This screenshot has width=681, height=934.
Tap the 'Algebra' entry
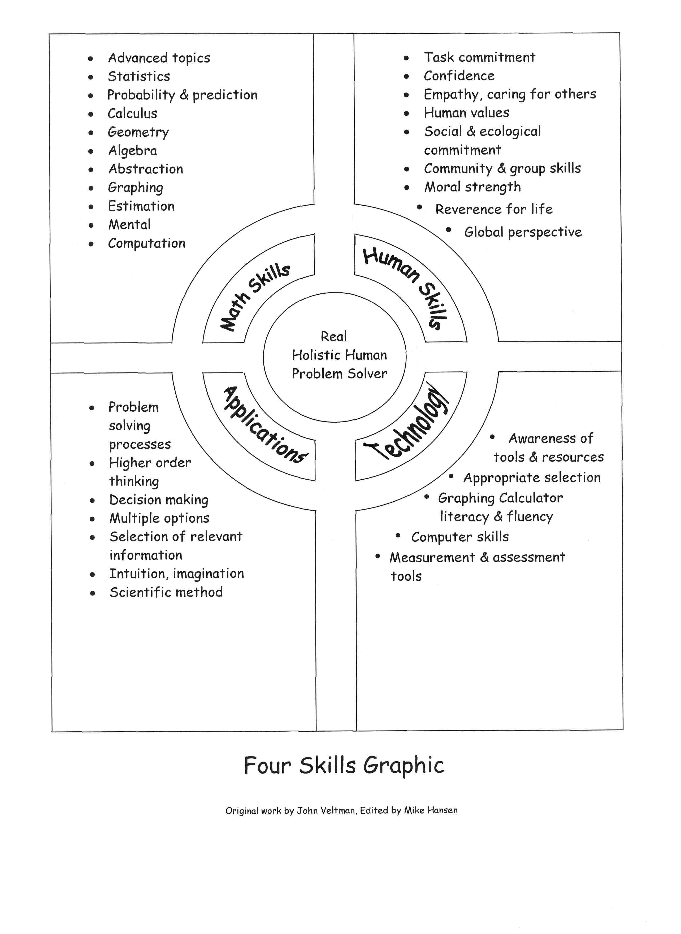(133, 151)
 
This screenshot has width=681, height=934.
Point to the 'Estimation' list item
(141, 206)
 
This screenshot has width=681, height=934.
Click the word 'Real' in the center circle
(334, 336)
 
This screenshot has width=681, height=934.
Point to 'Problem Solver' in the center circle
(340, 373)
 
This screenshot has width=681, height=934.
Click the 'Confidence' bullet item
(459, 76)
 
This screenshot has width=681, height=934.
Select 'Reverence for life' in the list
(494, 209)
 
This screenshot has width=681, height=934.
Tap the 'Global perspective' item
(523, 232)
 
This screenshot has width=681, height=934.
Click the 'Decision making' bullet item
(159, 500)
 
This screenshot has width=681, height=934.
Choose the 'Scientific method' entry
(166, 592)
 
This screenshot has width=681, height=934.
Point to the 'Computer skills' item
(460, 537)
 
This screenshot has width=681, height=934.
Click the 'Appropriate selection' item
(532, 478)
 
